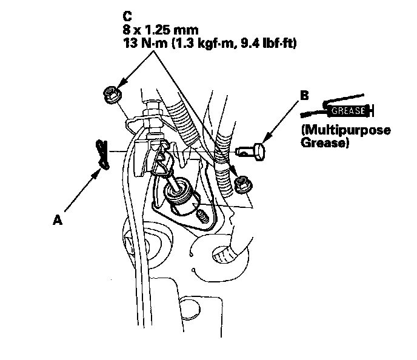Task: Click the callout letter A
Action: (x=58, y=221)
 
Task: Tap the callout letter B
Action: (x=305, y=95)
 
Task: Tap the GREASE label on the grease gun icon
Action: (x=348, y=111)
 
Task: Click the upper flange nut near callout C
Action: (x=111, y=93)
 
